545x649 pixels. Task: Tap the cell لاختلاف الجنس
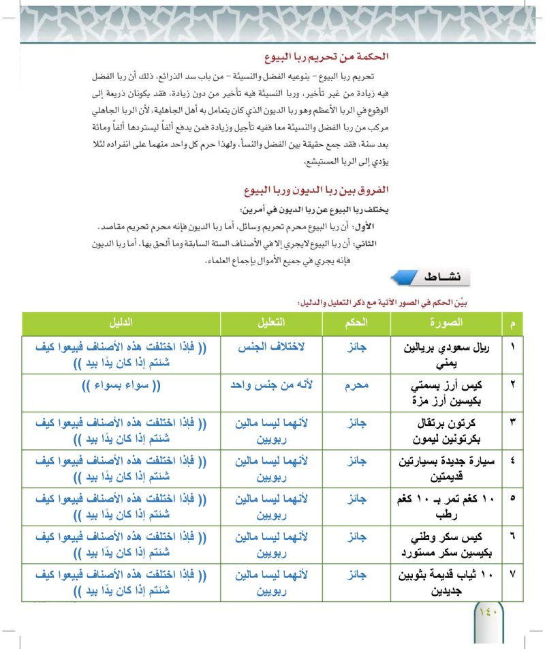click(x=272, y=347)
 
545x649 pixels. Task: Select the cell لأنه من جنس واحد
click(x=272, y=385)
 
